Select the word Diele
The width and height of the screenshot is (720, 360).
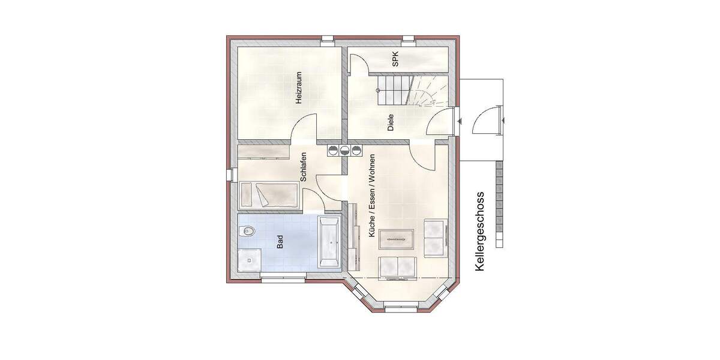[391, 123]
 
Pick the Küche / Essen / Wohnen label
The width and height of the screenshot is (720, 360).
[373, 195]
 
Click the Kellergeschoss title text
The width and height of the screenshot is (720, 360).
[479, 232]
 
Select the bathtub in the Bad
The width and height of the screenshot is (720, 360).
[329, 242]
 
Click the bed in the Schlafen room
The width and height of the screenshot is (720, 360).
[269, 195]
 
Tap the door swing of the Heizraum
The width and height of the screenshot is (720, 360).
[304, 127]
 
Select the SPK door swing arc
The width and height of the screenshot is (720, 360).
[358, 63]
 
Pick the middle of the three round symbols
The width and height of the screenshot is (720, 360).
[344, 150]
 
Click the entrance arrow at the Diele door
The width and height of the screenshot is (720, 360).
[458, 121]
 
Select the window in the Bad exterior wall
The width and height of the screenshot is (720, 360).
[283, 277]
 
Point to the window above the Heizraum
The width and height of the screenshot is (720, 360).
[327, 40]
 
